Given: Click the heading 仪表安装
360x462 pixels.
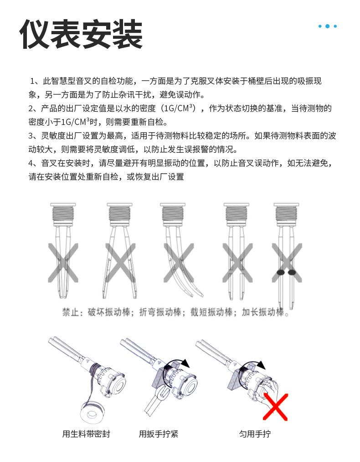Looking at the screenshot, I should (81, 34).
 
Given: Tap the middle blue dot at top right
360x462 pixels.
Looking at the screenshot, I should (328, 26).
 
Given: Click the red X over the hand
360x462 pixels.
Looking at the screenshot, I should (276, 406).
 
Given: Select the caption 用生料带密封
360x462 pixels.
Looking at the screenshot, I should (86, 434).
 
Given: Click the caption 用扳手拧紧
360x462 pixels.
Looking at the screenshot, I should (159, 434).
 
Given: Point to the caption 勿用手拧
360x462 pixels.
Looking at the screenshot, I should (255, 434).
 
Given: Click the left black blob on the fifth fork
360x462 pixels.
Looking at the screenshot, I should (281, 273).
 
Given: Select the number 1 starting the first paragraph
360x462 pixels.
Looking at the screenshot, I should (32, 82).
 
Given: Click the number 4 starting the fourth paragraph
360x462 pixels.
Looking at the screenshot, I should (31, 163).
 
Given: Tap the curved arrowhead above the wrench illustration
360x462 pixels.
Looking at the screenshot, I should (185, 363).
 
